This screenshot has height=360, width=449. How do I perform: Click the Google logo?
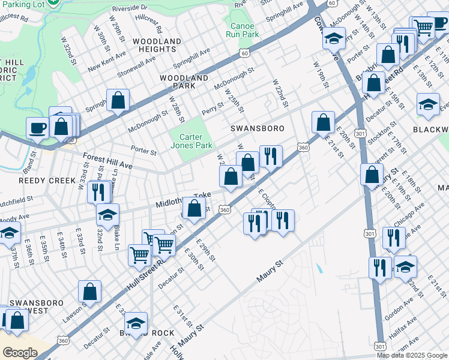pos(20,353)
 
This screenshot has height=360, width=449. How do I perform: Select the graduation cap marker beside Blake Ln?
pos(108,214)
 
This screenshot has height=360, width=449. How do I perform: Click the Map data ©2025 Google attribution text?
pos(412,355)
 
